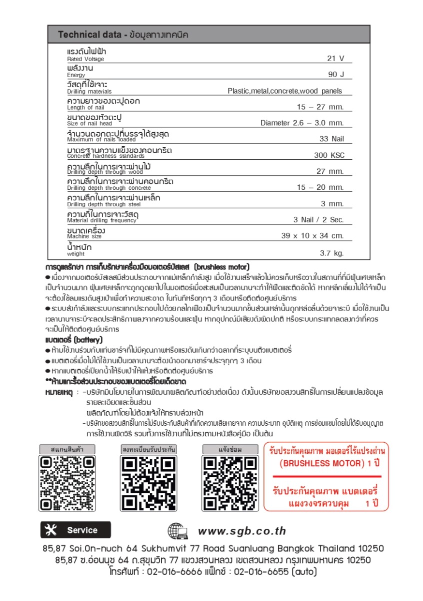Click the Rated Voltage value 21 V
pyautogui.click(x=335, y=58)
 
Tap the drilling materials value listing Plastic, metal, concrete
pyautogui.click(x=285, y=91)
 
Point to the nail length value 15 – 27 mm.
pyautogui.click(x=320, y=107)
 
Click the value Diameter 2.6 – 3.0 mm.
pyautogui.click(x=302, y=123)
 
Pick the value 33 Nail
pyautogui.click(x=332, y=139)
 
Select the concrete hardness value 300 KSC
pyautogui.click(x=329, y=155)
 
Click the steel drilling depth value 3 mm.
pyautogui.click(x=332, y=203)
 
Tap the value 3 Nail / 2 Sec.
pyautogui.click(x=318, y=220)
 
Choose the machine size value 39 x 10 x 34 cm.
pyautogui.click(x=312, y=235)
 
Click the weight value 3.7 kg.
pyautogui.click(x=332, y=253)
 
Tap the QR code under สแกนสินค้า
pyautogui.click(x=67, y=483)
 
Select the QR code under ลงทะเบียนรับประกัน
pyautogui.click(x=149, y=483)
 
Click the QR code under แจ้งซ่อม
pyautogui.click(x=230, y=483)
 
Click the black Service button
pyautogui.click(x=76, y=530)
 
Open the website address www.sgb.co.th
pyautogui.click(x=242, y=531)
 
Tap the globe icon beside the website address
pyautogui.click(x=177, y=531)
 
